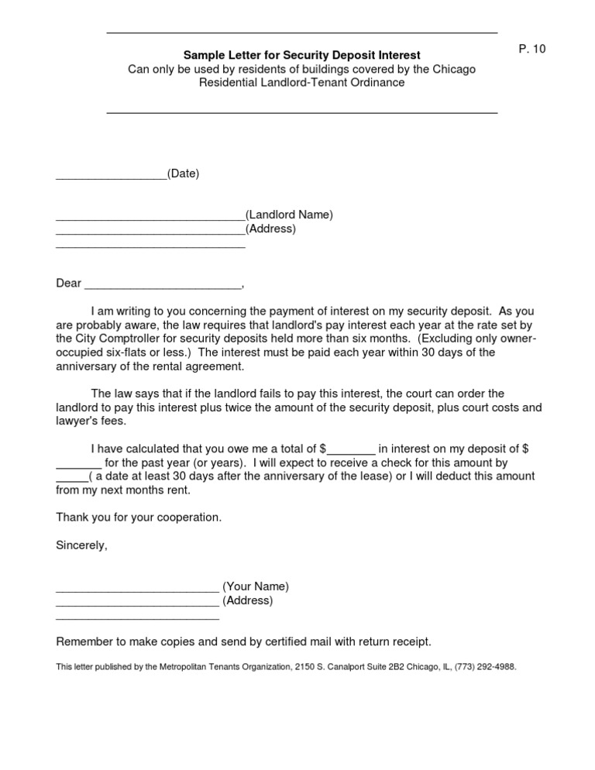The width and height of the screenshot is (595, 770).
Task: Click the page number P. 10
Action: [x=532, y=49]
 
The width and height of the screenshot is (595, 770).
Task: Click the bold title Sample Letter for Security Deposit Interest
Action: [x=301, y=56]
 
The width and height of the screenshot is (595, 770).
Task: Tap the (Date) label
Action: [x=184, y=174]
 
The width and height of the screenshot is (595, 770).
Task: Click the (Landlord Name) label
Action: [x=289, y=215]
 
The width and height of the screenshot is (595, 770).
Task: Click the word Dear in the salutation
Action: [x=68, y=284]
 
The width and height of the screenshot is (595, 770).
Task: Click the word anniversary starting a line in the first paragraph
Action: [x=87, y=366]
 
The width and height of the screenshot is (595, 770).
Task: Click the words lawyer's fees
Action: [x=90, y=421]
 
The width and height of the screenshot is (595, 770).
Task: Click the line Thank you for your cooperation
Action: [x=139, y=517]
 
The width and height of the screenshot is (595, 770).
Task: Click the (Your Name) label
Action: [x=256, y=586]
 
